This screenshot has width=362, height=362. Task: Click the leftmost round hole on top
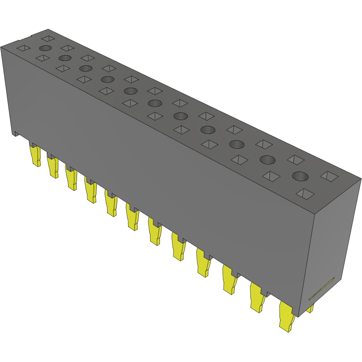point(45,48)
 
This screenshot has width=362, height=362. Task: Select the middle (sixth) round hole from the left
point(154,103)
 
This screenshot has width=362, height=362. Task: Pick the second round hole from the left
point(65,58)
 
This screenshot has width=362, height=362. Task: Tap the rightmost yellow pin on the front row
point(286,316)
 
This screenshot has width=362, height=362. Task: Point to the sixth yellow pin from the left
point(133,217)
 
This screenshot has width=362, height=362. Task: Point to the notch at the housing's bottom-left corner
point(15,134)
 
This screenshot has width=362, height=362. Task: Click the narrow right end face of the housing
point(334,242)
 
